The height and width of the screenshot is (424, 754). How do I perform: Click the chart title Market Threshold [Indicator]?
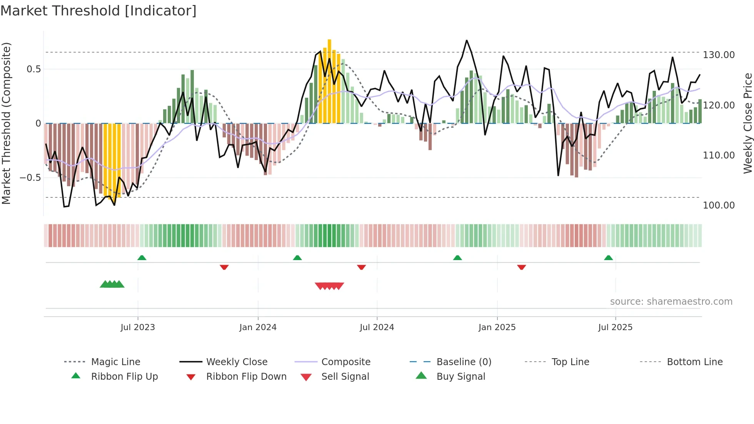point(98,11)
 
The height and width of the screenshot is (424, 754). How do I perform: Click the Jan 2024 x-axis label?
point(258,327)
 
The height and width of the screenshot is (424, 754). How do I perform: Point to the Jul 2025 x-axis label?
point(615,327)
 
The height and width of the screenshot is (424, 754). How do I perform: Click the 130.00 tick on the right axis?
point(719,55)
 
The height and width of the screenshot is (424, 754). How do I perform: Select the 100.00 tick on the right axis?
point(719,205)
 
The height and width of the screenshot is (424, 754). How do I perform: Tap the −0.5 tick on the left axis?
point(30,177)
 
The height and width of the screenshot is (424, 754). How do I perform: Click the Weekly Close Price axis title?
point(747,123)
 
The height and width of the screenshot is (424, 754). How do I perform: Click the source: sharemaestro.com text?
point(671,302)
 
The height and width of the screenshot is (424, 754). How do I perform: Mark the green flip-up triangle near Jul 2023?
point(142,258)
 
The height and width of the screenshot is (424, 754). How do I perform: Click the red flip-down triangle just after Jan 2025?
point(522,267)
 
